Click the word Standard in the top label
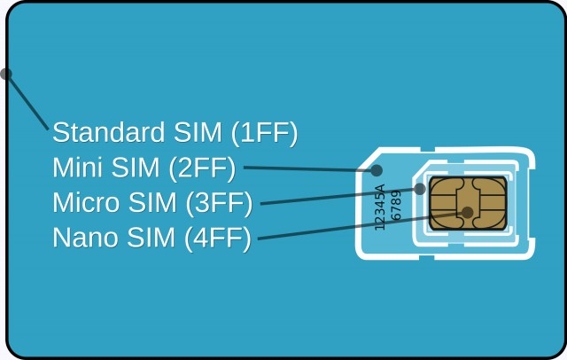pyautogui.click(x=108, y=132)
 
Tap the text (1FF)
pyautogui.click(x=264, y=133)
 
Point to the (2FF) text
pyautogui.click(x=202, y=168)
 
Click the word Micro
pyautogui.click(x=86, y=202)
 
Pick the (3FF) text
pyautogui.click(x=219, y=203)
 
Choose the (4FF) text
pyautogui.click(x=218, y=239)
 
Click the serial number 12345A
pyautogui.click(x=380, y=207)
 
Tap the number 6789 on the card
pyautogui.click(x=396, y=205)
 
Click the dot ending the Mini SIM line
pyautogui.click(x=377, y=170)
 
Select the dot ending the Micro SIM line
pyautogui.click(x=419, y=189)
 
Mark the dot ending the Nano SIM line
pyautogui.click(x=467, y=213)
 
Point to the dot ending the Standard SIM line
pyautogui.click(x=5, y=74)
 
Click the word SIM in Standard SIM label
pyautogui.click(x=198, y=132)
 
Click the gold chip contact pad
pyautogui.click(x=468, y=203)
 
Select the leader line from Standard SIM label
pyautogui.click(x=27, y=102)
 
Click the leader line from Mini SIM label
pyautogui.click(x=310, y=168)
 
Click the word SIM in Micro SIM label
pyautogui.click(x=152, y=202)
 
